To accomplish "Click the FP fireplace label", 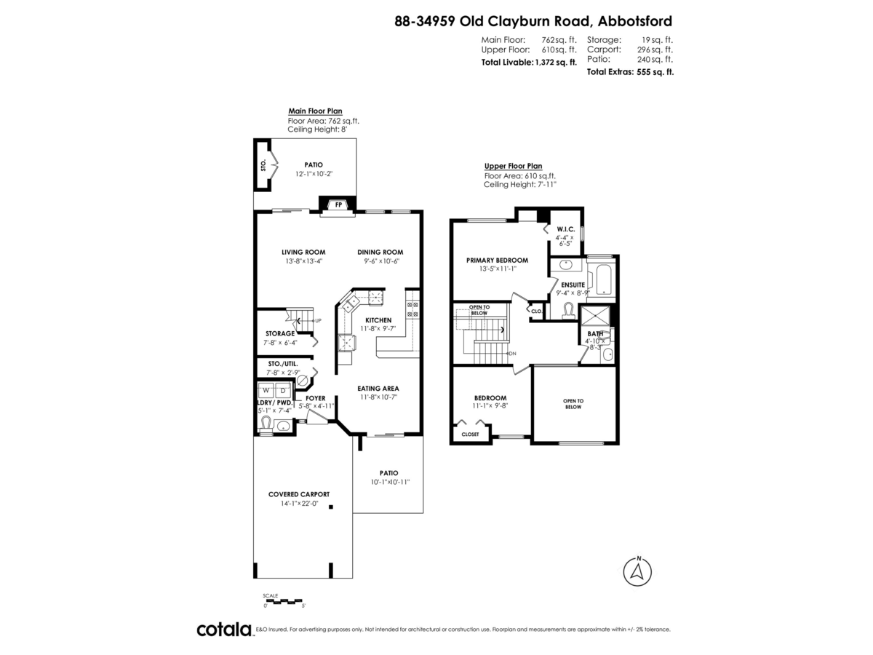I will coord(338,206).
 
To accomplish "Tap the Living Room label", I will coord(303,253).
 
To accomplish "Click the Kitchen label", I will coord(378,320).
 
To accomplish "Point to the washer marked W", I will coord(266,391).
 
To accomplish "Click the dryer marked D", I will coord(283,391).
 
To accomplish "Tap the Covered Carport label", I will coord(299,494).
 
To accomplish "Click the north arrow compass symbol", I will coord(638,571).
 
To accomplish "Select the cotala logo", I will coord(224,630).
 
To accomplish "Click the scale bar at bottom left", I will coord(284,600).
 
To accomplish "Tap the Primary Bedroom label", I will coord(497,260).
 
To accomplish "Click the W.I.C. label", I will coord(566,229).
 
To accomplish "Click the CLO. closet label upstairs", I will coord(537,311).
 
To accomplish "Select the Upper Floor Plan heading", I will coord(513,166).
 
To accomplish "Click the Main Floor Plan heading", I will coord(315,111).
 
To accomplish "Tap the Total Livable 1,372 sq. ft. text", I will coord(529,63).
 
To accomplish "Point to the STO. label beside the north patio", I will coord(263,165).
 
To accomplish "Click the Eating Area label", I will coord(378,389).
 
